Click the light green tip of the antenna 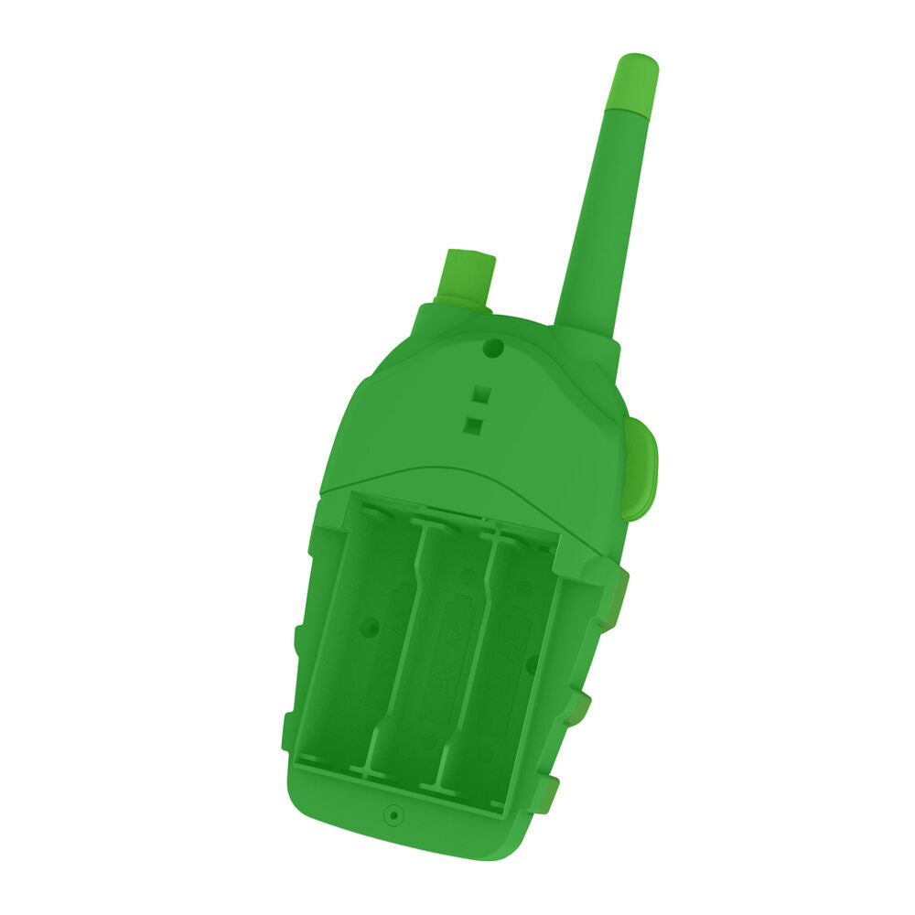[x=633, y=81]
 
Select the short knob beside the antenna [x=467, y=276]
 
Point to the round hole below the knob [x=492, y=348]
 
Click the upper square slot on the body [x=481, y=395]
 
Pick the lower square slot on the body [x=474, y=424]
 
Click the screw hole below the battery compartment [x=393, y=813]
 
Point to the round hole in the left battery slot [x=370, y=628]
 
